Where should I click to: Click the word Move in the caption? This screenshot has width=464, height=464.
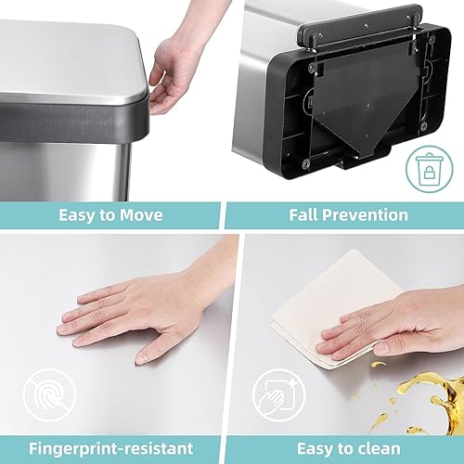tap(139, 215)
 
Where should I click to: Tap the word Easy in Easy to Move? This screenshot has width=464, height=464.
tap(79, 215)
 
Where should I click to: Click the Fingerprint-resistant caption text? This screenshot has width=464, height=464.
tap(111, 448)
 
